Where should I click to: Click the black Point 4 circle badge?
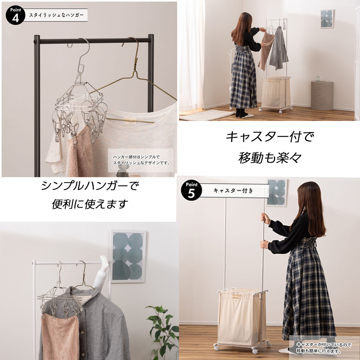pos(15,15)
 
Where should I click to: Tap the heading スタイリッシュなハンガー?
pos(57,15)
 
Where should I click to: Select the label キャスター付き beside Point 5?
pos(233,190)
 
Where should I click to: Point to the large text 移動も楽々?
pos(270,158)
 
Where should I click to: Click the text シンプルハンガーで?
pos(90,186)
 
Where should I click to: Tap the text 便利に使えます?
pos(90,204)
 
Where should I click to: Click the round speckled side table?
pos(322,95)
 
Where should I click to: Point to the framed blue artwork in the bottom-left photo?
pos(128,256)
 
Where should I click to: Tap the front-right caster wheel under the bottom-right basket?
pos(255,351)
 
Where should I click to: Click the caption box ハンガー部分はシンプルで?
pos(141,160)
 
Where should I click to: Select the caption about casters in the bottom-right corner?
pos(324,348)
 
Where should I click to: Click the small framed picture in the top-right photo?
pos(327,19)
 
